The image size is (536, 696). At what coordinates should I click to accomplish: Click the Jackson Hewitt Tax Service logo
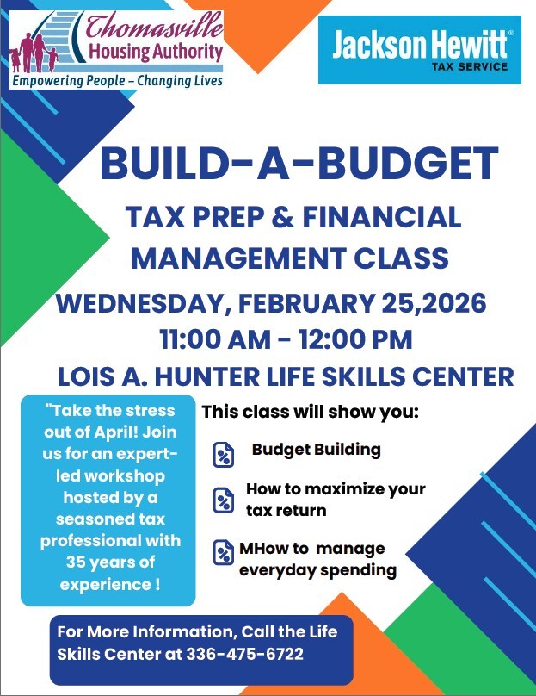pos(419,50)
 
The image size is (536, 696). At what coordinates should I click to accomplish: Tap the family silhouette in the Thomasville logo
pos(34,54)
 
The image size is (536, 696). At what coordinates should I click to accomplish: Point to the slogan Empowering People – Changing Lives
pos(116,81)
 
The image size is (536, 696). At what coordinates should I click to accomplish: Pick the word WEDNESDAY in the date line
pos(142,303)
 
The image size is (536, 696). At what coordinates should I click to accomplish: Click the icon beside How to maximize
pos(224,499)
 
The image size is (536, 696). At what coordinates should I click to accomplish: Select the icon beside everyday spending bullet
pos(224,552)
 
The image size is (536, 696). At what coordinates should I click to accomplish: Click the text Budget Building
pos(316,450)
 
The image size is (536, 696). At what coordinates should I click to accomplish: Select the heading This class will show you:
pos(310,412)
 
